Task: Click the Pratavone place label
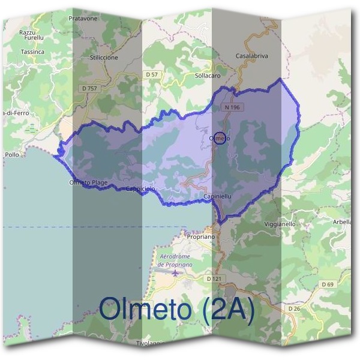coord(83,19)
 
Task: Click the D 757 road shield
coord(88,88)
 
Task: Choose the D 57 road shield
coord(152,74)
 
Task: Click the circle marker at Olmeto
coord(220,138)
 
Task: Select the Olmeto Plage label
coord(88,182)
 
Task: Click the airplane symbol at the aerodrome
coord(175,273)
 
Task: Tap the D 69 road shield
coord(327,284)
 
